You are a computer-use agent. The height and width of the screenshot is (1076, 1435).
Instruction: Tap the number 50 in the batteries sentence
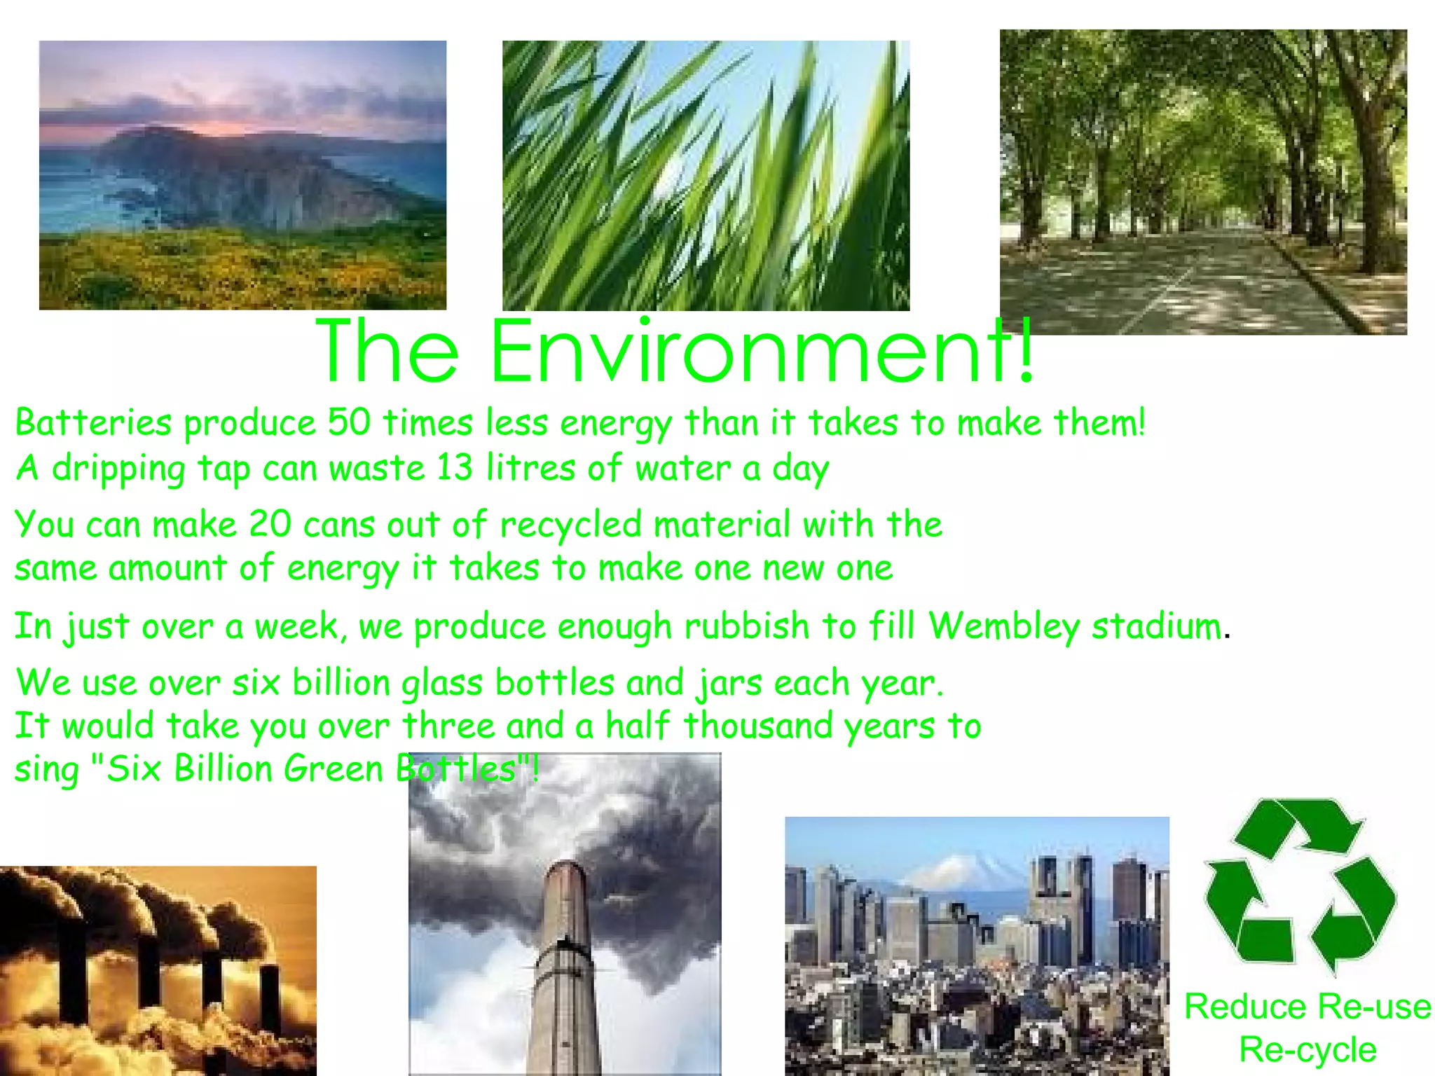[x=348, y=423]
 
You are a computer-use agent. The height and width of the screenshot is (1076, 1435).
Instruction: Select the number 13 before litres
[x=454, y=468]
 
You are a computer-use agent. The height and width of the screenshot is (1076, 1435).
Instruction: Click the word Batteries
[x=93, y=423]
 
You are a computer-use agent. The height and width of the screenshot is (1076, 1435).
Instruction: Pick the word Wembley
[x=1003, y=626]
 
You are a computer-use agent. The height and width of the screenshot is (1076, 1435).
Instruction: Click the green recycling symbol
[x=1300, y=886]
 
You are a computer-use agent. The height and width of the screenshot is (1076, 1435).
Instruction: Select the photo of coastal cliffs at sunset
[x=242, y=175]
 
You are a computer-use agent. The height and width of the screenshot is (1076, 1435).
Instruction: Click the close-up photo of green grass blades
[x=706, y=175]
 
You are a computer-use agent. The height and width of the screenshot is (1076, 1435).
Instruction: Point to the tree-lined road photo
[x=1203, y=181]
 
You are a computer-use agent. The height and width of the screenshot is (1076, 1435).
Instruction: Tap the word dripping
[x=118, y=468]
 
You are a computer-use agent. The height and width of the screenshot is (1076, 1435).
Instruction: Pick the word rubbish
[x=746, y=626]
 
